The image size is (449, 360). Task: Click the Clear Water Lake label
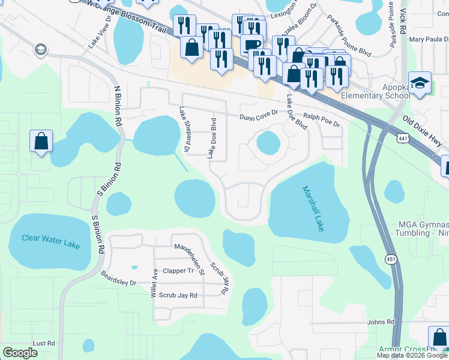pyautogui.click(x=50, y=238)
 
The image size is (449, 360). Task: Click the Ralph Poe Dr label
pyautogui.click(x=321, y=120)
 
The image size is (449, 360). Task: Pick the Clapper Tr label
pyautogui.click(x=179, y=271)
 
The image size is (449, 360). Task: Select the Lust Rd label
pyautogui.click(x=44, y=343)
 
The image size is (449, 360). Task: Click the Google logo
pyautogui.click(x=20, y=353)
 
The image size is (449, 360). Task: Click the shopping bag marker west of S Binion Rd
pyautogui.click(x=41, y=142)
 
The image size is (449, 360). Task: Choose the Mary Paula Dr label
pyautogui.click(x=429, y=40)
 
